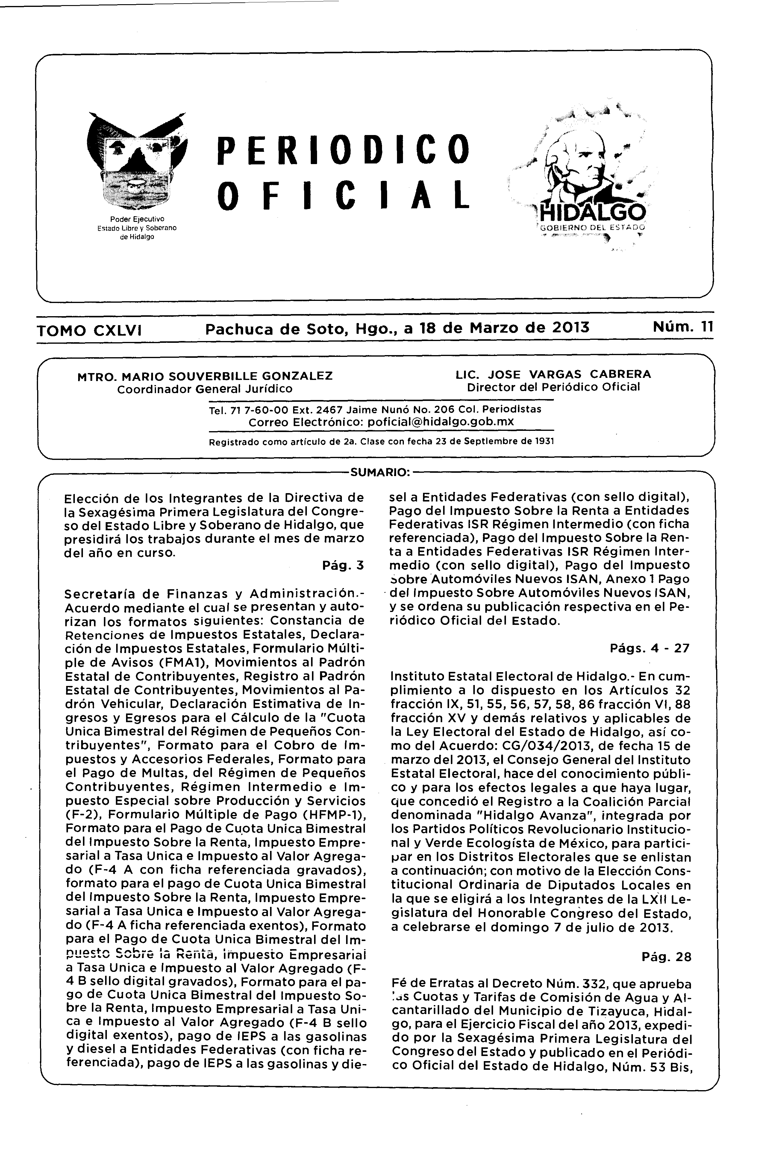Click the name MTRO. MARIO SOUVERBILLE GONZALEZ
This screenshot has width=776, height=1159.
(x=205, y=376)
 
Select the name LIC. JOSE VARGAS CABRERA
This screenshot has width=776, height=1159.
(x=553, y=374)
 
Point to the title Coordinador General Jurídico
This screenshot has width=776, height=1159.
(x=205, y=389)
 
